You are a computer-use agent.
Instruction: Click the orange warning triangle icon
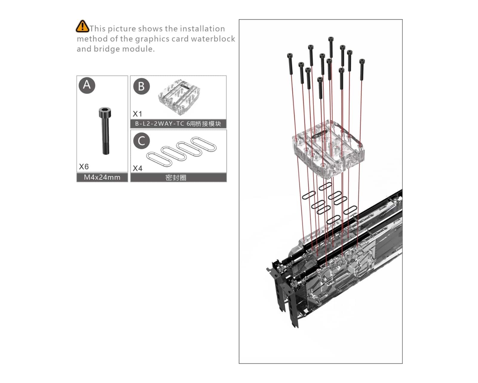pos(82,26)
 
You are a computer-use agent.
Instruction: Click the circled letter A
pos(87,85)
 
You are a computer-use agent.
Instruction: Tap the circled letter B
pos(142,86)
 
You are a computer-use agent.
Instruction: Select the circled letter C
pos(142,141)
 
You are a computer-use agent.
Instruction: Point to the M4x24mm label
pos(102,177)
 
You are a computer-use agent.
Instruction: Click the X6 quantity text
pos(84,166)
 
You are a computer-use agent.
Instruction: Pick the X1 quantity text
pos(137,114)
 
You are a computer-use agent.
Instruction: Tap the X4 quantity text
pos(137,168)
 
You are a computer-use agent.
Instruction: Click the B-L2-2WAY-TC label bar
pos(178,124)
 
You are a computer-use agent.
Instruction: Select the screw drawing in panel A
pos(105,131)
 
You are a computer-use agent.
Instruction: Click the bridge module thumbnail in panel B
pos(179,97)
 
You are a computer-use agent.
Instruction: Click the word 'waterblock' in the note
pos(213,39)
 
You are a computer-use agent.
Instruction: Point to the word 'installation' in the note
pos(202,29)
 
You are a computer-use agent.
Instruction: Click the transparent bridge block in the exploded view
pos(328,149)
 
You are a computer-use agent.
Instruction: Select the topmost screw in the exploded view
pos(331,47)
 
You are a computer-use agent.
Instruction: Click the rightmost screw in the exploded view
pos(362,70)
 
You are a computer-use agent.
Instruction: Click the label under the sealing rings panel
pos(176,178)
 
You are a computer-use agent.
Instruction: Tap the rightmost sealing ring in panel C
pos(203,144)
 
